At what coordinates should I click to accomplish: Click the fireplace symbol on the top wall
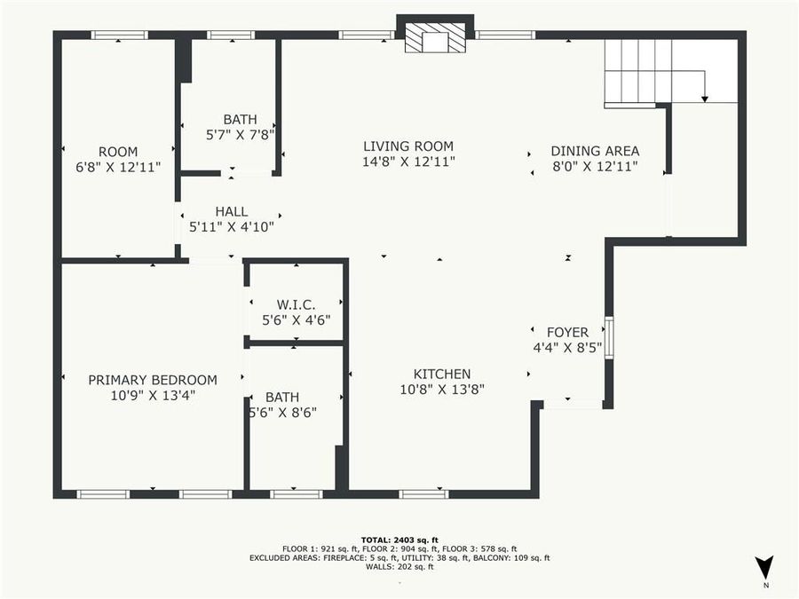tap(435, 38)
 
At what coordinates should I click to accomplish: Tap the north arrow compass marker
tap(763, 569)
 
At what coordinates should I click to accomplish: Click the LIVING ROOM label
tap(408, 146)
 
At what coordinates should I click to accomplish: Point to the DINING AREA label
tap(595, 151)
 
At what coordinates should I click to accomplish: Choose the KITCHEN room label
tap(441, 374)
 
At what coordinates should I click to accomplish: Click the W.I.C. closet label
tap(296, 304)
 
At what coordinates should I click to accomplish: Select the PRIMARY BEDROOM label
tap(153, 380)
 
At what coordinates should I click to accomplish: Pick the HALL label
tap(231, 211)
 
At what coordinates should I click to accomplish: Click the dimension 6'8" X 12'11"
tap(118, 167)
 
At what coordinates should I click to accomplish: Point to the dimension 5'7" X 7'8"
tap(240, 134)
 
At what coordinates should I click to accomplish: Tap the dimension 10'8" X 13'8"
tap(441, 389)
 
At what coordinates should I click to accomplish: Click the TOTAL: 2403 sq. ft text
tap(399, 540)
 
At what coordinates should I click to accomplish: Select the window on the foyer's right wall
tap(609, 337)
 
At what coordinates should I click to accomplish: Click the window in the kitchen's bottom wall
tap(423, 493)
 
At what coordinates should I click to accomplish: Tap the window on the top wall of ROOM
tap(119, 35)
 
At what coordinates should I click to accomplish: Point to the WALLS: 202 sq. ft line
tap(399, 566)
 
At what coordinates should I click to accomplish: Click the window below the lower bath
tap(296, 493)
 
